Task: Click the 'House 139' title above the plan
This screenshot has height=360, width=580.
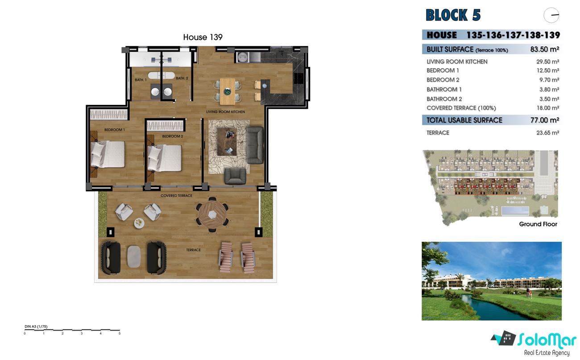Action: tap(203, 37)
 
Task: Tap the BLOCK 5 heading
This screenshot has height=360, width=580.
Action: tap(453, 15)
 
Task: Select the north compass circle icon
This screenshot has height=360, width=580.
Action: tap(551, 15)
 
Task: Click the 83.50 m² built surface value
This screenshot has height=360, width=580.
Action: tap(544, 49)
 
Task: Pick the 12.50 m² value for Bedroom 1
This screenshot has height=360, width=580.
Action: tap(547, 70)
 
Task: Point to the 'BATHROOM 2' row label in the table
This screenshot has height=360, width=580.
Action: tap(444, 99)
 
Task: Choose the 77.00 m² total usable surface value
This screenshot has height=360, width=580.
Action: tap(544, 120)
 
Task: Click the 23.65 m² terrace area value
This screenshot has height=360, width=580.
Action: tap(547, 133)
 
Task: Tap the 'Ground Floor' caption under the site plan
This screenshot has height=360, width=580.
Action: tap(538, 224)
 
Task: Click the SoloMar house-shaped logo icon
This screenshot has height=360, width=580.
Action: tap(504, 338)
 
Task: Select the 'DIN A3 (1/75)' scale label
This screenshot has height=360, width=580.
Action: tap(36, 327)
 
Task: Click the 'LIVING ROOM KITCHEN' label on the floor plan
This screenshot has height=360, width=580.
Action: tap(225, 112)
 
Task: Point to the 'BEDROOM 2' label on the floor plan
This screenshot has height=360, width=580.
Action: tap(173, 136)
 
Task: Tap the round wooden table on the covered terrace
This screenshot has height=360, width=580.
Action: tap(212, 214)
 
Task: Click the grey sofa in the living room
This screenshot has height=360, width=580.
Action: tap(255, 145)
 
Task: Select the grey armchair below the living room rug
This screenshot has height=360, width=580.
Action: tap(235, 176)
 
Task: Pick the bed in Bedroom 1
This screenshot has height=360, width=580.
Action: tap(108, 154)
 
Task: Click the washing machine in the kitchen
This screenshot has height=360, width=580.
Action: tap(243, 57)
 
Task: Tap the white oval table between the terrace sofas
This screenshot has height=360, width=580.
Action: tap(134, 256)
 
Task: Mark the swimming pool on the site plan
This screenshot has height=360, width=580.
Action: tap(515, 211)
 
